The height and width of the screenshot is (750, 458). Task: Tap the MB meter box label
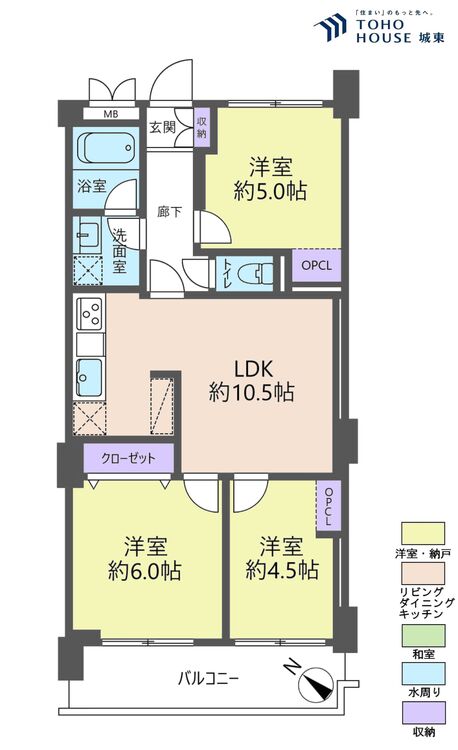[x=108, y=113]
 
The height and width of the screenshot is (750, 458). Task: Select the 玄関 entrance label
[x=163, y=127]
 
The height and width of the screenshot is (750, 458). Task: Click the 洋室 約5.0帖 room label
[x=271, y=177]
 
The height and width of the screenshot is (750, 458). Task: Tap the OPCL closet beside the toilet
[x=316, y=266]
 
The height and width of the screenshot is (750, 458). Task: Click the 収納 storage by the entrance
[x=201, y=127]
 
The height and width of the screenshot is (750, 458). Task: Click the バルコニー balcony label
[x=209, y=679]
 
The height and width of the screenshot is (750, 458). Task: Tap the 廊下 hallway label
[x=169, y=211]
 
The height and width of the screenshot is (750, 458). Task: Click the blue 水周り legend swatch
[x=420, y=672]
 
